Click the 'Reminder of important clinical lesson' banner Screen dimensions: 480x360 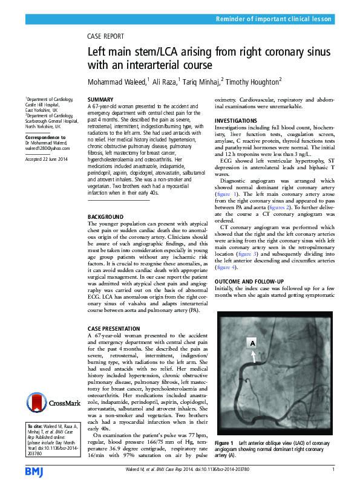click(274, 19)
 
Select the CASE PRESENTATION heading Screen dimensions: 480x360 click(113, 327)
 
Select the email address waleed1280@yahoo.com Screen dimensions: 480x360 click(47, 148)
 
